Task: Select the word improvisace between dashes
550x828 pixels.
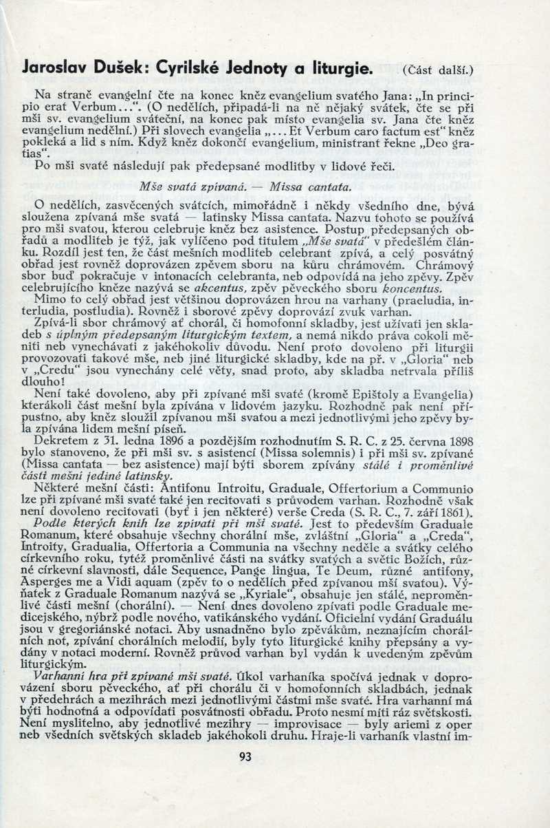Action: point(319,725)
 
